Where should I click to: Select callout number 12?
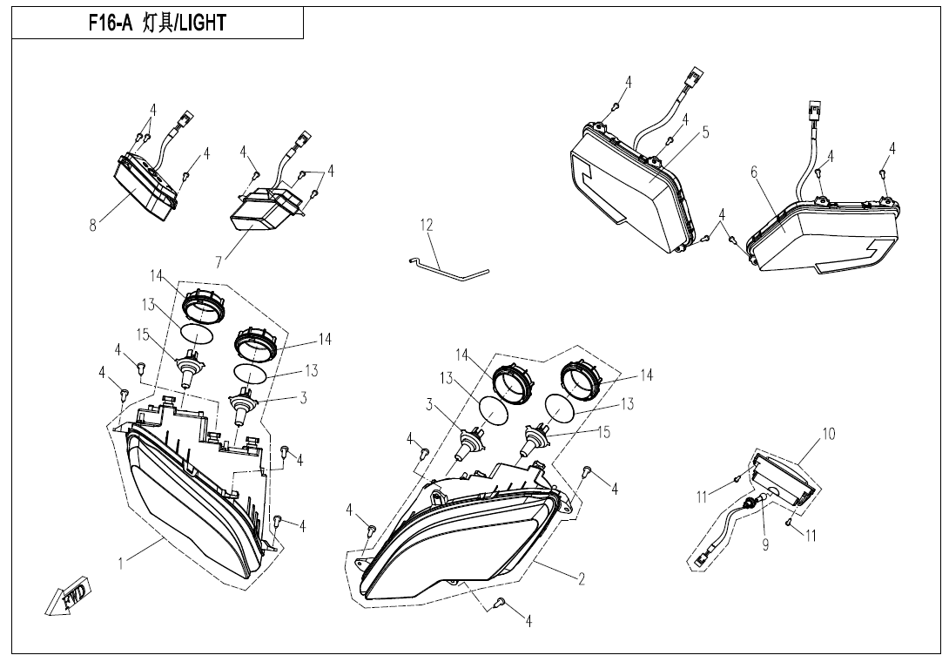coord(427,226)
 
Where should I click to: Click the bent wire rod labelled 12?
coord(447,268)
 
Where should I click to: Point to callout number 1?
coord(121,564)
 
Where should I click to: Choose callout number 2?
coord(582,579)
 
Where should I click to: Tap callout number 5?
coord(706,132)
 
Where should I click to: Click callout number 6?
coord(754,172)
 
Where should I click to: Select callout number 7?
coord(219,261)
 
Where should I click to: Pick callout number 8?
coord(92,226)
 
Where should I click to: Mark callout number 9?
coord(765,545)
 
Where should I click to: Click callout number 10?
coord(829,434)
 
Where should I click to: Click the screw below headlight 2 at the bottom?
coord(500,601)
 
